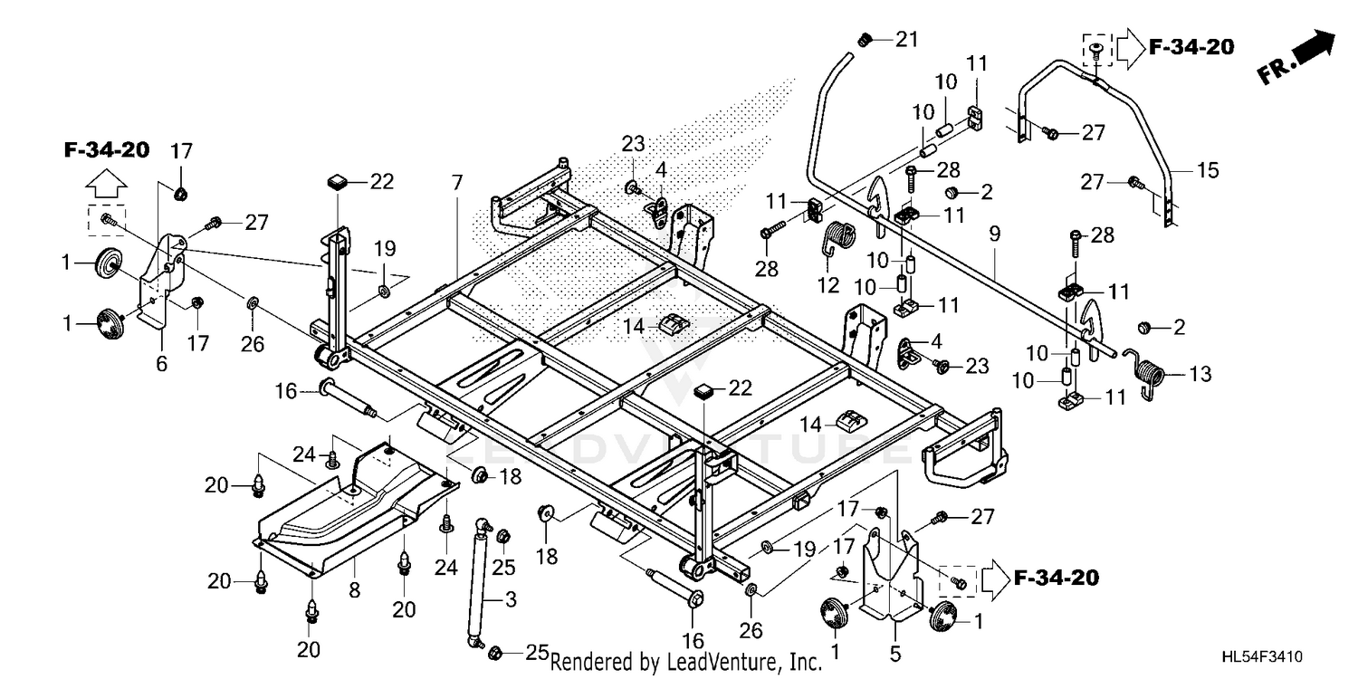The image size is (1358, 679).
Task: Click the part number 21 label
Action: click(x=907, y=40)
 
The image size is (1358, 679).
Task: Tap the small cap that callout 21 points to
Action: click(x=865, y=41)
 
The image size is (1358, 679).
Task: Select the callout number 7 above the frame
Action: click(x=456, y=182)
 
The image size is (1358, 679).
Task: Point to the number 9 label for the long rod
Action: click(x=994, y=234)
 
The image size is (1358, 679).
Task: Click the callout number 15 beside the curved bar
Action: click(x=1208, y=170)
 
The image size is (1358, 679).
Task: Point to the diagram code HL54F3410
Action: click(x=1262, y=656)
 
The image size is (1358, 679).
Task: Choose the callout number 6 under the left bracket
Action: click(x=161, y=364)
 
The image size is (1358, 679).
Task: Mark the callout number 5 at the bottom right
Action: click(x=895, y=655)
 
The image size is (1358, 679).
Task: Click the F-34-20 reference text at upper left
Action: click(x=107, y=149)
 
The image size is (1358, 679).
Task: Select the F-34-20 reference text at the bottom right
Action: click(x=1057, y=578)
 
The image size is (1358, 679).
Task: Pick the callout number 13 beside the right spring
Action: click(x=1200, y=374)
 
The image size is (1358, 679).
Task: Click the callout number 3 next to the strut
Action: click(x=511, y=599)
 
